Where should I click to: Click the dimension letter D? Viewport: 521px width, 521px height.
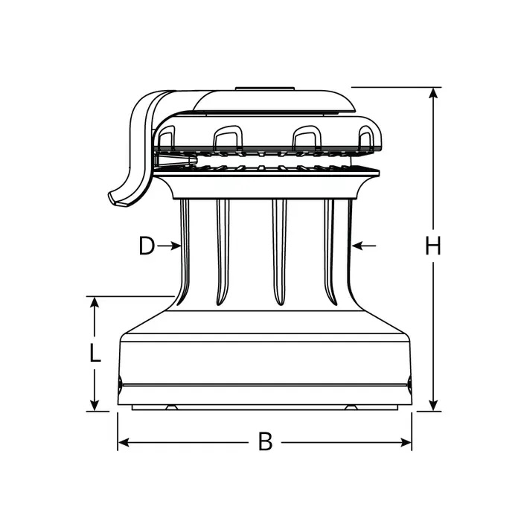147,245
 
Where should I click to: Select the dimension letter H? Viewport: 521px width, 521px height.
433,245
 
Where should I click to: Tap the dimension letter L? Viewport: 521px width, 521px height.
95,352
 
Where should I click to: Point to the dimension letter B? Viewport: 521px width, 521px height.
265,442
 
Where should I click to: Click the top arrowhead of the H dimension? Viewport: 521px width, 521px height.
433,92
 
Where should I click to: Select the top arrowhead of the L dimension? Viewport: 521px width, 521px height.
95,301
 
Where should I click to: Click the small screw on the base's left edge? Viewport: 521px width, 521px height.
121,384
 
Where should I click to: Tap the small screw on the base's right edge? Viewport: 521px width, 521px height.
409,384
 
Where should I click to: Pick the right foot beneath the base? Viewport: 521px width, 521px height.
350,407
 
